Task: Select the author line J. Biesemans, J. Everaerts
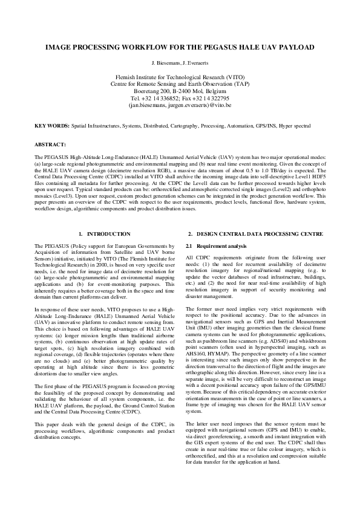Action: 180,63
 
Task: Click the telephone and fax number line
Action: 180,97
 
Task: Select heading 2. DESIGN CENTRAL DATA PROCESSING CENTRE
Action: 255,233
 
